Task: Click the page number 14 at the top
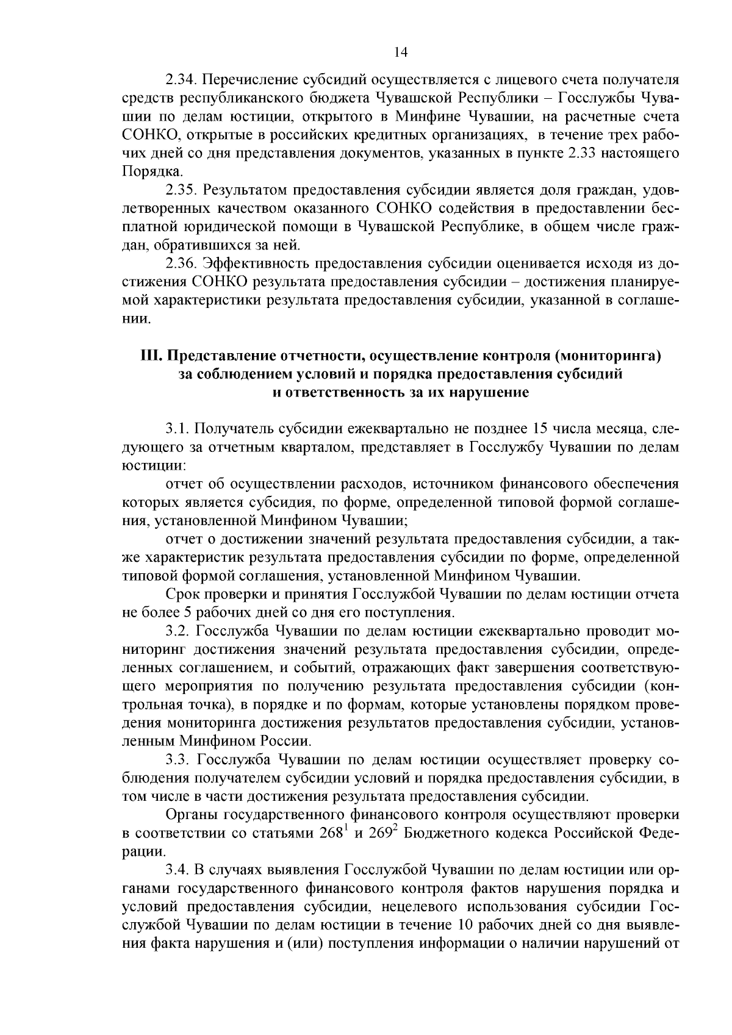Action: [401, 52]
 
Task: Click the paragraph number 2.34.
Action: [181, 80]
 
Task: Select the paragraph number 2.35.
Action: [181, 191]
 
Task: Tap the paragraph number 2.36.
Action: [181, 264]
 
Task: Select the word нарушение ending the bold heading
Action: [489, 392]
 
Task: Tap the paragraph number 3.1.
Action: [177, 429]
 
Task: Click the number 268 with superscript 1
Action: [331, 834]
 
